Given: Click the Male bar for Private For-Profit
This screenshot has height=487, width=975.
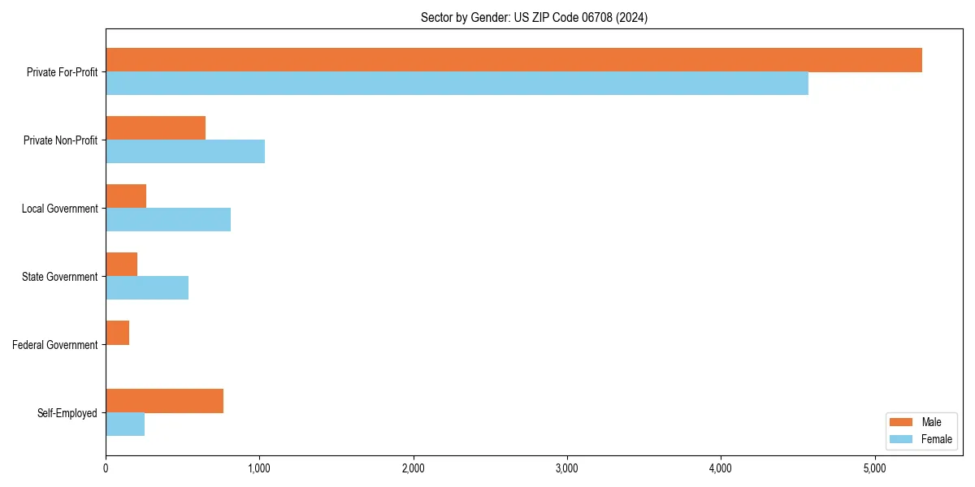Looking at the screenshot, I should pos(513,60).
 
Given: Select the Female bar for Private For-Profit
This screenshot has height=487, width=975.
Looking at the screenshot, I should pos(457,84).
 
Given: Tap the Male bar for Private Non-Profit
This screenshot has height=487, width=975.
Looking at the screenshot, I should pos(155,128).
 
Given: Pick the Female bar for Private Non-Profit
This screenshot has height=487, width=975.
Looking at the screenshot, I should pos(185,152).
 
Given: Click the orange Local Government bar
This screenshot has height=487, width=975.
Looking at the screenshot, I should pos(126,196).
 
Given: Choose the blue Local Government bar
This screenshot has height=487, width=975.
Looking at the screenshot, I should pos(168,220).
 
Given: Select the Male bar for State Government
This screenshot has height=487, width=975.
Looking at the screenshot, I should pos(121,265).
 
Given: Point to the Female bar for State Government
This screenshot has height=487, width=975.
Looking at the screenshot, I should pos(147,288).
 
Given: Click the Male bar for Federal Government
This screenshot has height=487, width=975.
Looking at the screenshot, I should pos(117,333).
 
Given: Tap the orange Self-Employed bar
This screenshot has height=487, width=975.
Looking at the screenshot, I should pos(164,401).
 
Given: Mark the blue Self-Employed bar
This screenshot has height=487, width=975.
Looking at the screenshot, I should pos(125,425).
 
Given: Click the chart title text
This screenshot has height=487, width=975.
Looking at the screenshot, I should pos(534,17).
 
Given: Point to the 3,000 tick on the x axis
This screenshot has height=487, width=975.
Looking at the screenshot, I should pos(567,468).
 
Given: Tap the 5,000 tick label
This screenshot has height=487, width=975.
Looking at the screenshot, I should pos(874,468).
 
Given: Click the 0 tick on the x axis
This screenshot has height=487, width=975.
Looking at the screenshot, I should pos(106,468).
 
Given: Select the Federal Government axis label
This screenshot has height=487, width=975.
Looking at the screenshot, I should pos(54,345).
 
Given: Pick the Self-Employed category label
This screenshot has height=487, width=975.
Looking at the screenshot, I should pos(67,413).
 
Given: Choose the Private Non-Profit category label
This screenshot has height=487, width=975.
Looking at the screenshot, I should pos(60,140).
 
